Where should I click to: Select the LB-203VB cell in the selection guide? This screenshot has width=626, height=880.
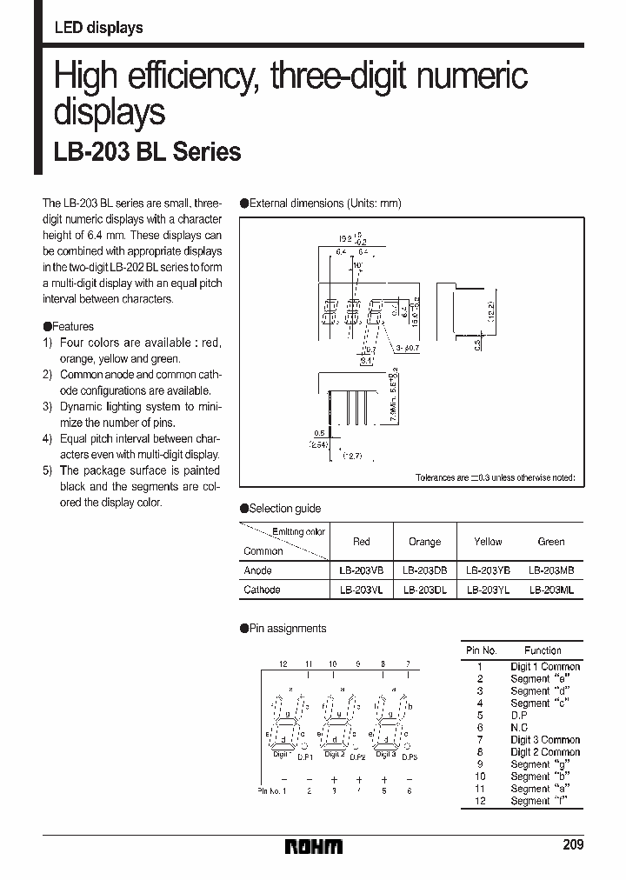point(362,570)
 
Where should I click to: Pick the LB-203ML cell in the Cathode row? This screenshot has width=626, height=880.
point(551,590)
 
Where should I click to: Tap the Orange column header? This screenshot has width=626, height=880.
point(424,542)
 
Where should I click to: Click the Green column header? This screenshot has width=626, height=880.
point(551,542)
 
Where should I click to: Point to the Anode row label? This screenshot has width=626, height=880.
point(257,570)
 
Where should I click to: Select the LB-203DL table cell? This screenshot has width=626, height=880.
point(424,590)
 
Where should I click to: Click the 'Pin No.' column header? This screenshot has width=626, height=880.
point(481,650)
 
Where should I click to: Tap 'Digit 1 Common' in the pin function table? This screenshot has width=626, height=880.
point(545,667)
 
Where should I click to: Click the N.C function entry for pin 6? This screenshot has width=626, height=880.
point(519,728)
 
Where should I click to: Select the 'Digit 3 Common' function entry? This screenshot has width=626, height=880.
point(545,740)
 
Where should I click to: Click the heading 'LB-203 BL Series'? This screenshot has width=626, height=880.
point(148,152)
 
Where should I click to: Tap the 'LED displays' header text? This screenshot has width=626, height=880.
point(98,28)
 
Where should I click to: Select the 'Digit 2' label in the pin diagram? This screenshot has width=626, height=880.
point(333,754)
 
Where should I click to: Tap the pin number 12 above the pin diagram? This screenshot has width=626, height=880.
point(283,663)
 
